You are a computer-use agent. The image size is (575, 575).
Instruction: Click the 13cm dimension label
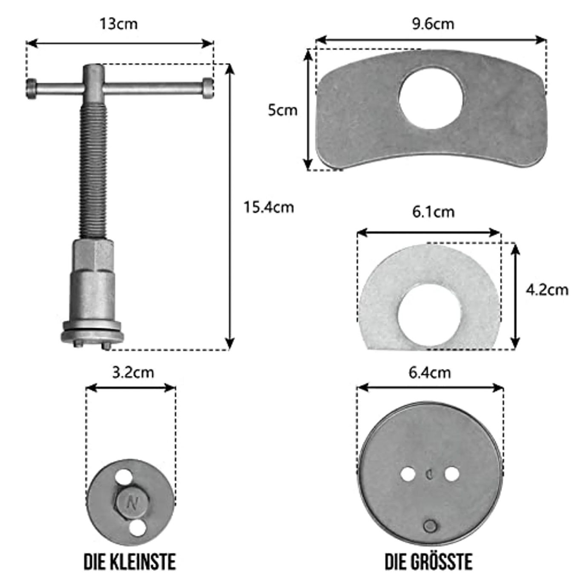[118, 24]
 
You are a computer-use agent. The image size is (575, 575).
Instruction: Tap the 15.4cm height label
[268, 207]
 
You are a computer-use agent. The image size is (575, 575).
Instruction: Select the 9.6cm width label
[433, 24]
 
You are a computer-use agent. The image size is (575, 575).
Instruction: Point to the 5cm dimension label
[282, 110]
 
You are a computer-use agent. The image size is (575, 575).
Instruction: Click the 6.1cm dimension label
[433, 212]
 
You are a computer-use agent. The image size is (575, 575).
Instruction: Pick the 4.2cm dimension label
[547, 290]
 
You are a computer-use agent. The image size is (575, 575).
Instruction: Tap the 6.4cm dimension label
[429, 373]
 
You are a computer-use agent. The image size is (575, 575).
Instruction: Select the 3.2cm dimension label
[133, 373]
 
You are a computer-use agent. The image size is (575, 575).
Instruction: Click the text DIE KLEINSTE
[129, 562]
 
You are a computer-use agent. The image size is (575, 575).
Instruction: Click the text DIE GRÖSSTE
[428, 562]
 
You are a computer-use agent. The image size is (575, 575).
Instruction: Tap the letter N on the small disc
[132, 504]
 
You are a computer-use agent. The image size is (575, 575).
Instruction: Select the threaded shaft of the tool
[93, 170]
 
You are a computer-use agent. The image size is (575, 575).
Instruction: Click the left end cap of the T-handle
[32, 89]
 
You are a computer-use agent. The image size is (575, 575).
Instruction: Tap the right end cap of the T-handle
[207, 88]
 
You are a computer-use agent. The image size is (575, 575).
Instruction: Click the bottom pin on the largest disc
[430, 526]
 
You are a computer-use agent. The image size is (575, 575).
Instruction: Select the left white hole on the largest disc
[408, 474]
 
